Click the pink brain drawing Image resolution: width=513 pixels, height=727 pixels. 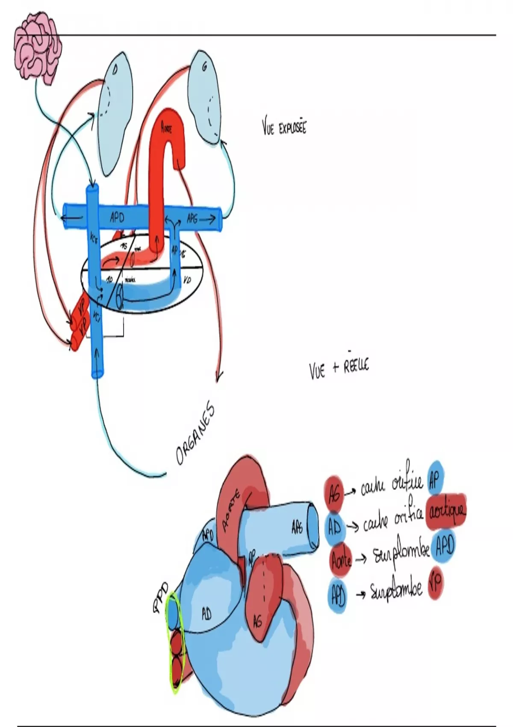pyautogui.click(x=38, y=46)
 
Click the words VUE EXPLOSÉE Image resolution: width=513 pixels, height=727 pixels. pyautogui.click(x=284, y=127)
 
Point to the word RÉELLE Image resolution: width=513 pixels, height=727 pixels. pyautogui.click(x=356, y=367)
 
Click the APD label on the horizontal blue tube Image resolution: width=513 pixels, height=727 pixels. pyautogui.click(x=117, y=218)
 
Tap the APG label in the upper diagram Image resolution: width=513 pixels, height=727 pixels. pyautogui.click(x=193, y=219)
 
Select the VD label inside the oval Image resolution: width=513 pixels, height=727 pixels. pyautogui.click(x=187, y=280)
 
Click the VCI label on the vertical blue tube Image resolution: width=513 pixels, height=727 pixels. pyautogui.click(x=97, y=321)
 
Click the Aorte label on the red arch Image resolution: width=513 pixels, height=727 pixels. pyautogui.click(x=166, y=127)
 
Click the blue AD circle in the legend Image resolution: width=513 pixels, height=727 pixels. pyautogui.click(x=335, y=529)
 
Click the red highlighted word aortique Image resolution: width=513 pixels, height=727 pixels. pyautogui.click(x=447, y=511)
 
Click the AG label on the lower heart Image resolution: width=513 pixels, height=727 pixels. pyautogui.click(x=257, y=621)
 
